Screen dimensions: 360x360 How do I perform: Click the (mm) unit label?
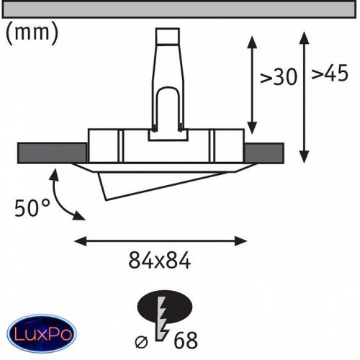pyautogui.click(x=32, y=34)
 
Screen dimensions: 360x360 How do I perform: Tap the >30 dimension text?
pyautogui.click(x=279, y=77)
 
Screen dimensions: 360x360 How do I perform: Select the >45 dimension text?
pyautogui.click(x=330, y=73)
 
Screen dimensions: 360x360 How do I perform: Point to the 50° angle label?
pyautogui.click(x=32, y=208)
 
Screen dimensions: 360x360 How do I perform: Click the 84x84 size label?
pyautogui.click(x=160, y=261)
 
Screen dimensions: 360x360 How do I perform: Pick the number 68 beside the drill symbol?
pyautogui.click(x=186, y=340)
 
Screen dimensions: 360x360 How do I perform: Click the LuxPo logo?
pyautogui.click(x=42, y=334)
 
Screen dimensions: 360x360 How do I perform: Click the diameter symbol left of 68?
pyautogui.click(x=141, y=342)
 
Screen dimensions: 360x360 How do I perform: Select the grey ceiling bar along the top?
pyautogui.click(x=179, y=9)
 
